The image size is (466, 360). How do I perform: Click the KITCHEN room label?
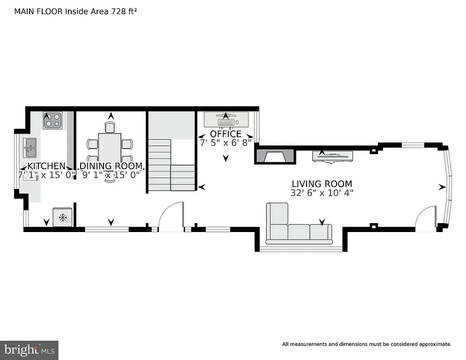(46, 166)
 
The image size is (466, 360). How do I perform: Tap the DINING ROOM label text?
(111, 166)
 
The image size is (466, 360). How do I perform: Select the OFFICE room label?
(225, 134)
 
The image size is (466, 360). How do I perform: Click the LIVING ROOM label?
(322, 184)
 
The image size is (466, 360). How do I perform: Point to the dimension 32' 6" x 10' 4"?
(322, 193)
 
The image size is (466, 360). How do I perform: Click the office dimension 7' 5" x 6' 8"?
(225, 142)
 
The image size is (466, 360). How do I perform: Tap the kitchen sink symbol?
(30, 148)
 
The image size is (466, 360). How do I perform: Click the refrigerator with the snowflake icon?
(62, 217)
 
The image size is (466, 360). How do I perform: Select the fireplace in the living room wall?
(275, 156)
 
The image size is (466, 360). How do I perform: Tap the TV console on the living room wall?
(332, 156)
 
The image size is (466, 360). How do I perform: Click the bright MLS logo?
(30, 350)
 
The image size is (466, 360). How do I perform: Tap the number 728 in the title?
(118, 11)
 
